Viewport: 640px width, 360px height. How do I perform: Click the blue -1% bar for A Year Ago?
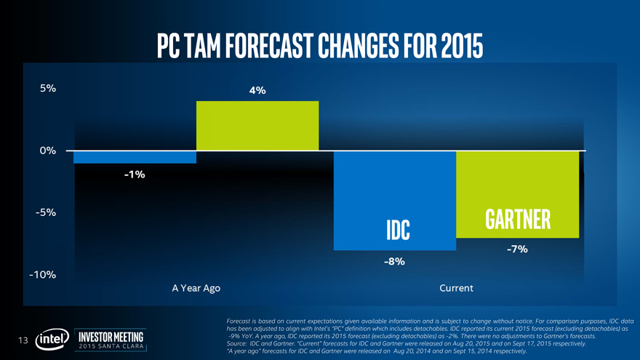point(135,157)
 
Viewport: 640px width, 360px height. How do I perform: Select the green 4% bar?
point(257,126)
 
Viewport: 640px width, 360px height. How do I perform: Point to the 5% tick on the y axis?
point(48,89)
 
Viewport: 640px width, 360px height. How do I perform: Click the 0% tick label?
point(48,151)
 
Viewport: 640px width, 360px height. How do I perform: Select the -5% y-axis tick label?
point(47,212)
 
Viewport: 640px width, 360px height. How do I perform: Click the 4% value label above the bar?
point(257,91)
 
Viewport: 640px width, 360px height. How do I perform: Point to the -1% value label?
point(135,175)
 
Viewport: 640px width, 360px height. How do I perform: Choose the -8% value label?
point(394,261)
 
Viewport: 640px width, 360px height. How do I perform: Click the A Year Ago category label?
point(196,289)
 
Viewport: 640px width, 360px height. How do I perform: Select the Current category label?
point(456,289)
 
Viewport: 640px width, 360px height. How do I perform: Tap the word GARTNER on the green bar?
point(516,219)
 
